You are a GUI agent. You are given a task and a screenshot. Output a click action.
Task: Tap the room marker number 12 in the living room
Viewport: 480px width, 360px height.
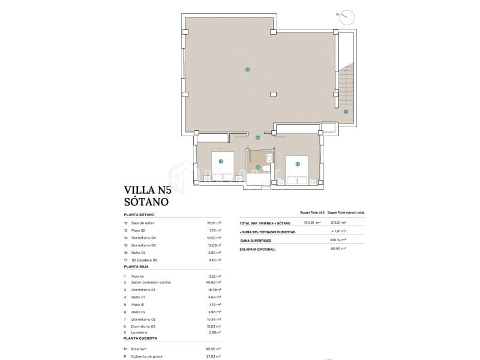pyautogui.click(x=247, y=70)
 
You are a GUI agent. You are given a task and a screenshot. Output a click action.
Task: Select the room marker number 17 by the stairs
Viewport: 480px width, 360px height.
pyautogui.click(x=346, y=112)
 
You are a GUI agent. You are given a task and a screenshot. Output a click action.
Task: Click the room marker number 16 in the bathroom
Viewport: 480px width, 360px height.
pyautogui.click(x=258, y=167)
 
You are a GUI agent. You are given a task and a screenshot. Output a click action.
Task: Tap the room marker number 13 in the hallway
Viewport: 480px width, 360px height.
pyautogui.click(x=258, y=137)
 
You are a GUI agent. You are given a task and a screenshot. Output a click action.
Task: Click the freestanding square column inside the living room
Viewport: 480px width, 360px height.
pyautogui.click(x=274, y=94)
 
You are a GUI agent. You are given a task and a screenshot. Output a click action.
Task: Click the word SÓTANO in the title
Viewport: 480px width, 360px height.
pyautogui.click(x=146, y=202)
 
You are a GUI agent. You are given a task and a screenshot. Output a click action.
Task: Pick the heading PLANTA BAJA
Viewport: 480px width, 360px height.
pyautogui.click(x=137, y=266)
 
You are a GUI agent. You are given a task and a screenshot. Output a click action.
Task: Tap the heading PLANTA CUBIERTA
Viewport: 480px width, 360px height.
pyautogui.click(x=140, y=338)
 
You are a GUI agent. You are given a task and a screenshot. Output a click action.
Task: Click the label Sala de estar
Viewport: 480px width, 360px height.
pyautogui.click(x=142, y=223)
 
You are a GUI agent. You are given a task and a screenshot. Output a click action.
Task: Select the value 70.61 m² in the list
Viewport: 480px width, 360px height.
pyautogui.click(x=213, y=223)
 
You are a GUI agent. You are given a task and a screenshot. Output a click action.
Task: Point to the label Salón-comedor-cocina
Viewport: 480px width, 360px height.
pyautogui.click(x=148, y=282)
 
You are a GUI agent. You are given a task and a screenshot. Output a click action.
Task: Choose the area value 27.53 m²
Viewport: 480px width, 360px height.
pyautogui.click(x=213, y=356)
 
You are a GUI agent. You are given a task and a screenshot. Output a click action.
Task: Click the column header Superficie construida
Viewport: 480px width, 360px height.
pyautogui.click(x=346, y=212)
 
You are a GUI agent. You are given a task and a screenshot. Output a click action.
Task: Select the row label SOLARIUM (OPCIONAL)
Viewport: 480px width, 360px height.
pyautogui.click(x=259, y=248)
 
